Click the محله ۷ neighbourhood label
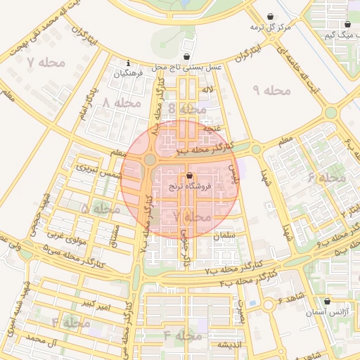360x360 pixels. coord(45,63)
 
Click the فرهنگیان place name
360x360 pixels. coord(129,72)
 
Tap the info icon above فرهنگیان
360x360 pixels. coord(128,63)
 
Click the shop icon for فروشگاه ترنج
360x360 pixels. coord(188,176)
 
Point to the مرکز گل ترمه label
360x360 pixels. coord(271,27)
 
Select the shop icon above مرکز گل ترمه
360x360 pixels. coord(271,16)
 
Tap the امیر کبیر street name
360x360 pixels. coord(94,303)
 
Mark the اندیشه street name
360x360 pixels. coord(229,345)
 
